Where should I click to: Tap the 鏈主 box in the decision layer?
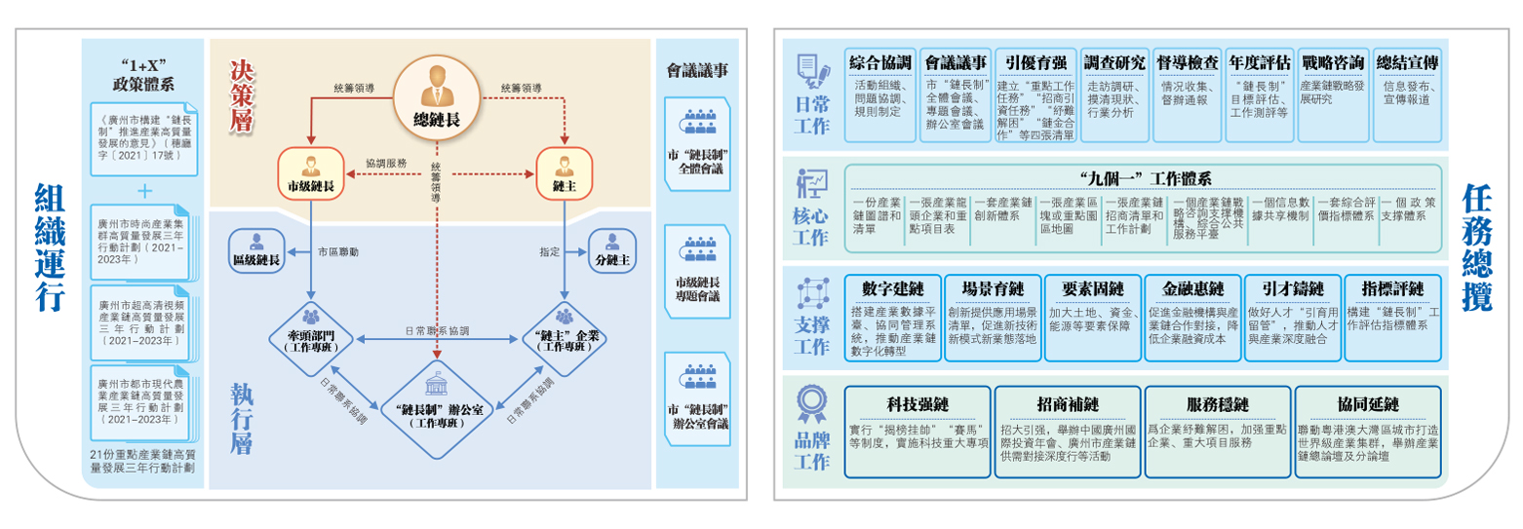(564, 172)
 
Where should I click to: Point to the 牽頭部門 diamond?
(310, 337)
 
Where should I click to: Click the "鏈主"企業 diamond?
(564, 337)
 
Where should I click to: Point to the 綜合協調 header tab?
(879, 62)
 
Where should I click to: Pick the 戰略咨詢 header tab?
(1332, 62)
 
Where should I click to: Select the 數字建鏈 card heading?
(892, 289)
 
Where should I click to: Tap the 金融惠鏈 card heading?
(1191, 289)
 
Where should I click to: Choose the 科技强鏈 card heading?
(918, 404)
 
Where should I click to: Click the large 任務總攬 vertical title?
(1479, 248)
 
